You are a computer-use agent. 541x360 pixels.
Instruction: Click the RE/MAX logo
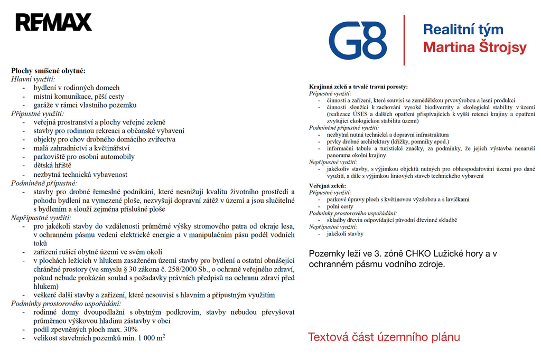(53, 22)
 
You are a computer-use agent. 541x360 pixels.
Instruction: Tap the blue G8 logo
(357, 40)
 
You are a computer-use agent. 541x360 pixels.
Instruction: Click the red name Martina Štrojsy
(474, 48)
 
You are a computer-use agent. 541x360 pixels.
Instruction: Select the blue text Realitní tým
(463, 30)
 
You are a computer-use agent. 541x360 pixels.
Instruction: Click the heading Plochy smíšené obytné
(48, 70)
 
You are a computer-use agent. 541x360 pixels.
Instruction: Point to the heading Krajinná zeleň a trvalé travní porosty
(358, 87)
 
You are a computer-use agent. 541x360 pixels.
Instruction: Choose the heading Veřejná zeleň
(328, 186)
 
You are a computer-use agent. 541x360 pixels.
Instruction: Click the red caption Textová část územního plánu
(384, 337)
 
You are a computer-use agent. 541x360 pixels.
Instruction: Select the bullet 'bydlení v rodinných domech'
(77, 88)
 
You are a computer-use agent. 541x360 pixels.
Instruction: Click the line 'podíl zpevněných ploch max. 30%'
(86, 329)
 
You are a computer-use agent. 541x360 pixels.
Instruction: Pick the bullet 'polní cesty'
(340, 206)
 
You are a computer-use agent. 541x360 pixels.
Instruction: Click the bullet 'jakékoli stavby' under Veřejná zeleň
(345, 233)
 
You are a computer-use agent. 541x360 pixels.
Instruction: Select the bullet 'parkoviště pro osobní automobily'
(84, 157)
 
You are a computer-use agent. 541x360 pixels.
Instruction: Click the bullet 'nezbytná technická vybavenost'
(80, 174)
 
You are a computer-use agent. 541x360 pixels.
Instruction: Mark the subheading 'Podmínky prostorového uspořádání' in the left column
(66, 304)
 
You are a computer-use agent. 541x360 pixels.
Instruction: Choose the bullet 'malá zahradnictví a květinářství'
(81, 148)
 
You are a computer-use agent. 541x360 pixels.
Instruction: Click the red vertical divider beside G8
(405, 40)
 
